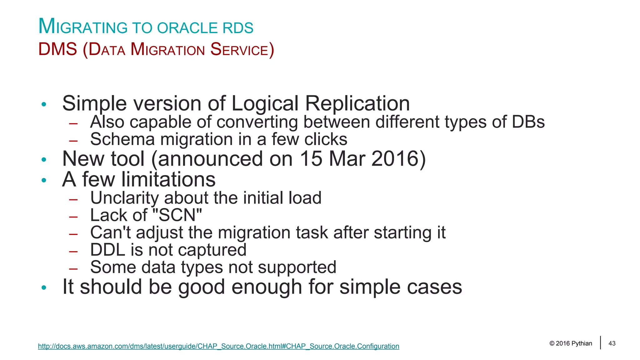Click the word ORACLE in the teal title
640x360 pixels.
click(x=187, y=28)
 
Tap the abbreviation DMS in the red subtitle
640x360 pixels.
click(x=57, y=49)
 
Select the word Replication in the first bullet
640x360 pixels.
click(x=357, y=103)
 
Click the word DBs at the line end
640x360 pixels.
click(x=528, y=122)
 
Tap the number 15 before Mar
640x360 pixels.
click(x=311, y=159)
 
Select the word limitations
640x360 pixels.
click(x=168, y=179)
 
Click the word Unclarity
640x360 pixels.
click(x=124, y=198)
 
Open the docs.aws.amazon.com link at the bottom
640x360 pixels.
click(x=218, y=346)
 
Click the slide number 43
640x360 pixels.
click(x=612, y=343)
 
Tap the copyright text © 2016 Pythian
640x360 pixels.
click(x=571, y=343)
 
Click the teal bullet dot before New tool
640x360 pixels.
click(x=44, y=160)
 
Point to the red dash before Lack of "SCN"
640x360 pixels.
click(x=73, y=217)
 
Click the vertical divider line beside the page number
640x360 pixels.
click(x=600, y=342)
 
